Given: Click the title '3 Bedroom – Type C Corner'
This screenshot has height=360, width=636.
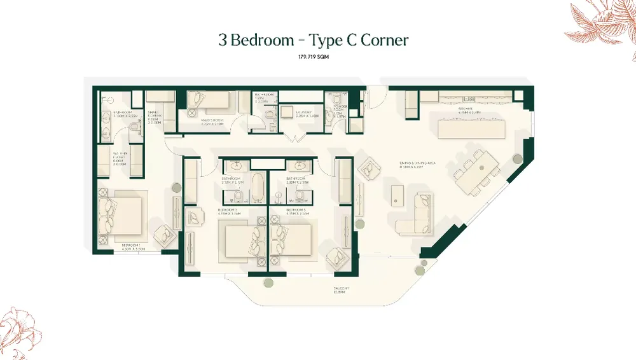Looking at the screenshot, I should click(x=312, y=40).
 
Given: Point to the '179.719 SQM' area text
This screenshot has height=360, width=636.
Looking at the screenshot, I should click(x=312, y=57).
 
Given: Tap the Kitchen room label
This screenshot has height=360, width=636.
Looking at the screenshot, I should click(x=470, y=109).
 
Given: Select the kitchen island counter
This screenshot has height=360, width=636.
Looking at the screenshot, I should click(x=471, y=128).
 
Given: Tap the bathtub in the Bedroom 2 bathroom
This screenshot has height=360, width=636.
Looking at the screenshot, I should click(x=256, y=188).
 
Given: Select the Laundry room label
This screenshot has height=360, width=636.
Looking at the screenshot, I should click(x=306, y=114).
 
